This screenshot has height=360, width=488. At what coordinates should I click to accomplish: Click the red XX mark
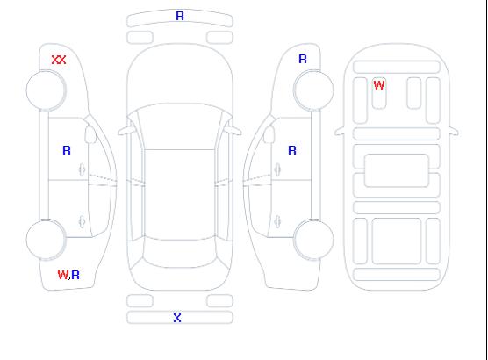59,60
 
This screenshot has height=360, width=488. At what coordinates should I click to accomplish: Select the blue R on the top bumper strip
180,16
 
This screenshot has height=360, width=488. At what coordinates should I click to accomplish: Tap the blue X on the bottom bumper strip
177,318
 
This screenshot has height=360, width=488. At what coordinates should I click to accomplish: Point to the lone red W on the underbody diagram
379,85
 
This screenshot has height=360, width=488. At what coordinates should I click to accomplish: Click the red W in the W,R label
63,275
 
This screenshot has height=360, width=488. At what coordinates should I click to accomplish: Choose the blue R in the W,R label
75,275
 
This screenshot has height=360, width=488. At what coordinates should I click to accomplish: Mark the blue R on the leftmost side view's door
67,150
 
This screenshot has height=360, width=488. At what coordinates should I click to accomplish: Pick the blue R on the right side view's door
292,150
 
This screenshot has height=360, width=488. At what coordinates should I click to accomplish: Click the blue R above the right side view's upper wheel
303,59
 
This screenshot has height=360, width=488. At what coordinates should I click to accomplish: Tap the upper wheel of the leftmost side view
46,90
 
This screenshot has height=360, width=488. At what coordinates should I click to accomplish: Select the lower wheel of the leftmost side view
46,240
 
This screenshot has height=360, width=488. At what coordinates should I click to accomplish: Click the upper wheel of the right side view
313,90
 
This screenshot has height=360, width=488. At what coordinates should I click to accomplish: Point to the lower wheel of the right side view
313,240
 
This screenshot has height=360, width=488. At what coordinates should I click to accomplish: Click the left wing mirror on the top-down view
126,131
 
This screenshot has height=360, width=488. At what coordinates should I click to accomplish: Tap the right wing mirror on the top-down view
233,131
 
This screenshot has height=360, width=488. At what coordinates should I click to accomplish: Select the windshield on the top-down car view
180,126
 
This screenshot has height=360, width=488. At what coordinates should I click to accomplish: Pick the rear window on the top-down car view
180,254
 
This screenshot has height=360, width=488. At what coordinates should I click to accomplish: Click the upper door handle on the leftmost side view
82,169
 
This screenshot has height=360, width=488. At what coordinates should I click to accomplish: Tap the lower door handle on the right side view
277,222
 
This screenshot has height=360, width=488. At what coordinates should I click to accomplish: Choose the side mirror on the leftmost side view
90,134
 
